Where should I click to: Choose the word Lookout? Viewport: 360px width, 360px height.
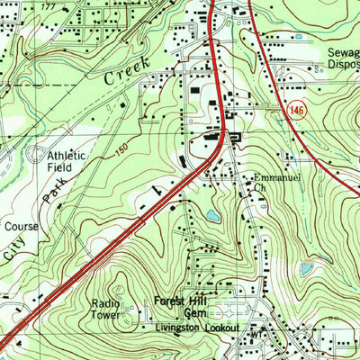pyautogui.click(x=221, y=328)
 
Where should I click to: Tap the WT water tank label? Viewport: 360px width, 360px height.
pyautogui.click(x=255, y=332)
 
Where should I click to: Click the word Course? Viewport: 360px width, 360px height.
pyautogui.click(x=20, y=227)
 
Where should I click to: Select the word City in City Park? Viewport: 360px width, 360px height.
pyautogui.click(x=17, y=251)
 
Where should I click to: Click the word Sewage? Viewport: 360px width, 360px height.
pyautogui.click(x=342, y=52)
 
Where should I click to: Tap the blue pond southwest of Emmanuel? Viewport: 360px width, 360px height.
pyautogui.click(x=211, y=216)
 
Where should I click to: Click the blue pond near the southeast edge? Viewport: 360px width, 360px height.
pyautogui.click(x=307, y=268)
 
